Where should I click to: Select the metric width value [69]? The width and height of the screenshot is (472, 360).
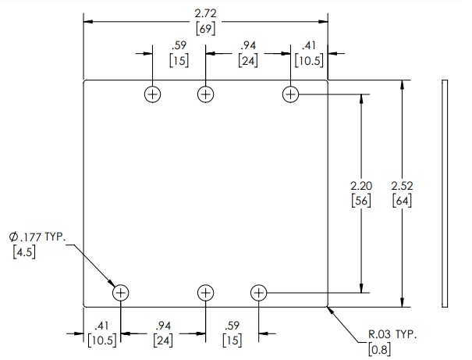(206, 28)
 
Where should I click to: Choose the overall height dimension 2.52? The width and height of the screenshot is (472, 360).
(403, 187)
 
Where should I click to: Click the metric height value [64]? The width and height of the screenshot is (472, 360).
(403, 201)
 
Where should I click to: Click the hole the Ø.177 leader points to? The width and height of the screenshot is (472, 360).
(121, 293)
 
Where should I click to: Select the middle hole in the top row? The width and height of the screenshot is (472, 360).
(205, 94)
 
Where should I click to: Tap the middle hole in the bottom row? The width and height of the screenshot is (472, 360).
(205, 293)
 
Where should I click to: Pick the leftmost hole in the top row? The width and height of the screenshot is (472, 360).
(152, 94)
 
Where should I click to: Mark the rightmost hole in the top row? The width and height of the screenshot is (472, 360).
(290, 94)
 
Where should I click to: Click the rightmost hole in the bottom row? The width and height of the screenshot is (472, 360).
(259, 293)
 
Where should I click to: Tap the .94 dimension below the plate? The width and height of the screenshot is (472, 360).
(163, 326)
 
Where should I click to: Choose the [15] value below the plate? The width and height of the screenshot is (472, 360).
(231, 340)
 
